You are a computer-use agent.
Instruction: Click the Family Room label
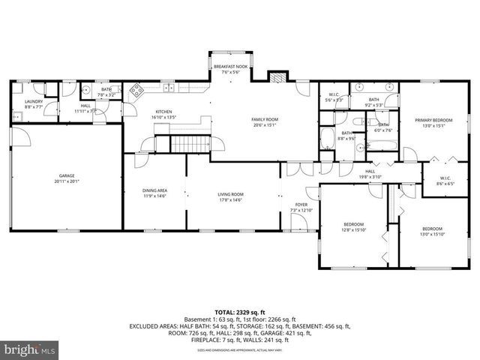(265, 119)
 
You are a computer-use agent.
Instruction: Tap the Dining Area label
(155, 190)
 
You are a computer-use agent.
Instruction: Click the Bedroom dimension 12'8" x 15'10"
(354, 229)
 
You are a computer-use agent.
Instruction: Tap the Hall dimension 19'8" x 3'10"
(370, 176)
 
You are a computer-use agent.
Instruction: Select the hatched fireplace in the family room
(277, 77)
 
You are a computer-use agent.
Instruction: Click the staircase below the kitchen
(191, 143)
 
